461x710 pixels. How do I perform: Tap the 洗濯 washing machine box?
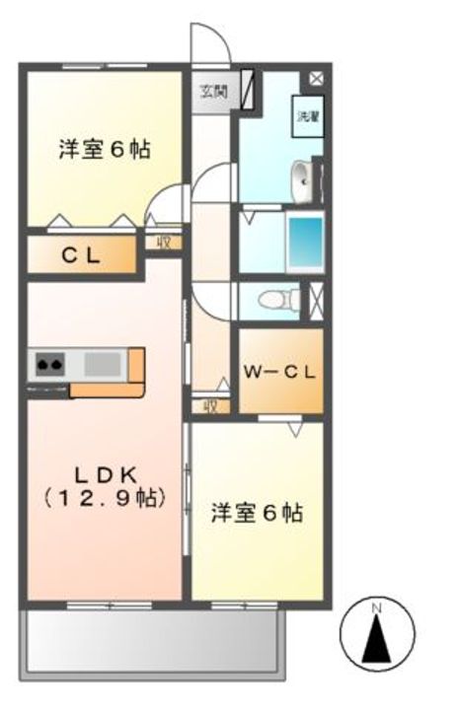point(308,116)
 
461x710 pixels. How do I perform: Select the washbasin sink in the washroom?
point(303,179)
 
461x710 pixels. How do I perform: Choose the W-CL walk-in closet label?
point(279,372)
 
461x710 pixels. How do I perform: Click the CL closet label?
point(81,255)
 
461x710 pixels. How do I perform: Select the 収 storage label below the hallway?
point(210,405)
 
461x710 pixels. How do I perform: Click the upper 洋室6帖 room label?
point(104,151)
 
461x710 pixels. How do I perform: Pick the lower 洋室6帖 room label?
point(257,513)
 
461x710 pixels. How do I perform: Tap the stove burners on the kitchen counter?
point(49,367)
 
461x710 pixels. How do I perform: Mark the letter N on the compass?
point(376,608)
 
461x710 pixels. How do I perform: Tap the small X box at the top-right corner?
point(316,77)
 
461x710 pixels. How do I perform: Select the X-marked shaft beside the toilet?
point(316,299)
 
